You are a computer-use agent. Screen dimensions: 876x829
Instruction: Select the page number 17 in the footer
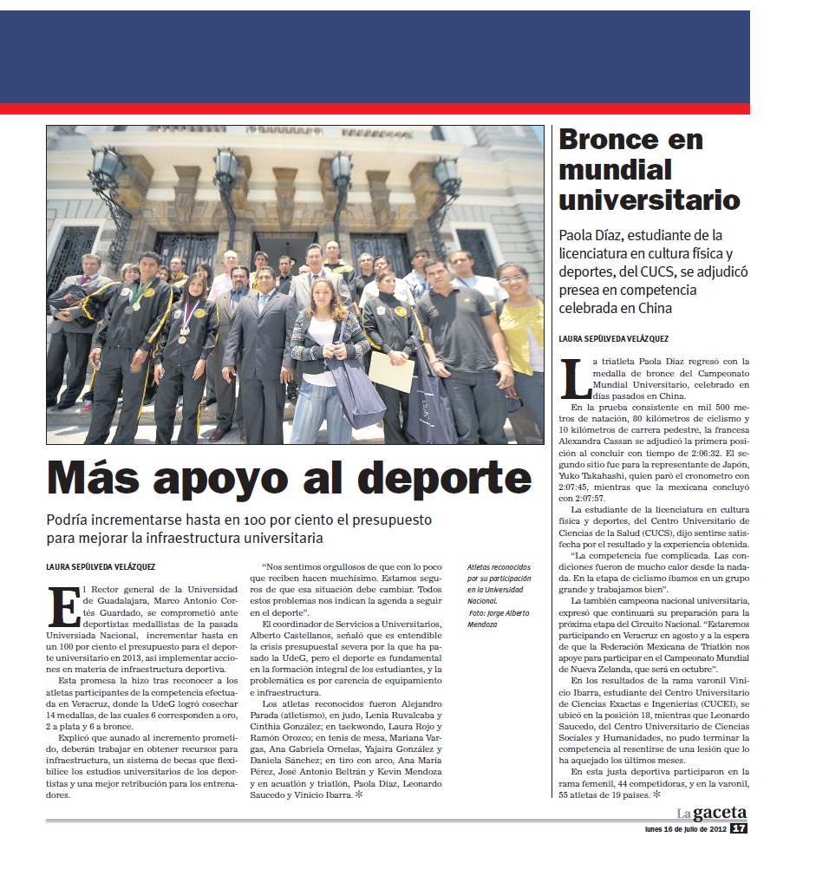point(738,828)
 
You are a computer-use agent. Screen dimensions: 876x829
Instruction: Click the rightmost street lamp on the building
point(445,175)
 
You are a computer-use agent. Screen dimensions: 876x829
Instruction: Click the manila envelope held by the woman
point(392,373)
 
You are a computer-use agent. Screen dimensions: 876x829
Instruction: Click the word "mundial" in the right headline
point(616,170)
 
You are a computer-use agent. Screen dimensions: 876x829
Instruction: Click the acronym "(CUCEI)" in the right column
point(718,705)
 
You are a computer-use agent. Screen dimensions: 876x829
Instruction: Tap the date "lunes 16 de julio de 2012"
point(680,828)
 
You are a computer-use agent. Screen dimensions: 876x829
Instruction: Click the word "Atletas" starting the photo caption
point(481,565)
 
